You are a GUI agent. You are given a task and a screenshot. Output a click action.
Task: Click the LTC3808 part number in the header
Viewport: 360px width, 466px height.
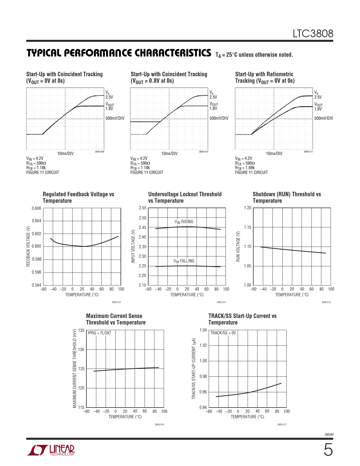pyautogui.click(x=313, y=34)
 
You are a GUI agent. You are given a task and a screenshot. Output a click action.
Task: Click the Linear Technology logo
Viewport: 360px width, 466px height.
pyautogui.click(x=51, y=450)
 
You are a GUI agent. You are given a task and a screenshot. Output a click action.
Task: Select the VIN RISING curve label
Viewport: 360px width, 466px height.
pyautogui.click(x=184, y=222)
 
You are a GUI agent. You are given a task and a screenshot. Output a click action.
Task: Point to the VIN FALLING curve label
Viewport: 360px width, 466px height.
pyautogui.click(x=184, y=261)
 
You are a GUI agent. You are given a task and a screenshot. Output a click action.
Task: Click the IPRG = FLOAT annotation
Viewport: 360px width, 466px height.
pyautogui.click(x=99, y=333)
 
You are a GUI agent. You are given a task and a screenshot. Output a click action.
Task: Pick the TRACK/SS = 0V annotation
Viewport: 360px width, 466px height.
pyautogui.click(x=223, y=333)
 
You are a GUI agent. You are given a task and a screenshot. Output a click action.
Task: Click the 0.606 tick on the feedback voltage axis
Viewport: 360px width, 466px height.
pyautogui.click(x=36, y=208)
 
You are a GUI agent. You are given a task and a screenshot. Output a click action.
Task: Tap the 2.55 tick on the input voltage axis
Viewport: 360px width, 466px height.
pyautogui.click(x=142, y=208)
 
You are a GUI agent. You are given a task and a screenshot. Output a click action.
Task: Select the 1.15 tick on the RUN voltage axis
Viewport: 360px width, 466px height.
pyautogui.click(x=247, y=227)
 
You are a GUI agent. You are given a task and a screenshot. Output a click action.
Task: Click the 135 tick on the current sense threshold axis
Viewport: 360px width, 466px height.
pyautogui.click(x=81, y=330)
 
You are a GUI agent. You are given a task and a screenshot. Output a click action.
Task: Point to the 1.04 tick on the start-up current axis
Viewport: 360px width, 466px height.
pyautogui.click(x=203, y=330)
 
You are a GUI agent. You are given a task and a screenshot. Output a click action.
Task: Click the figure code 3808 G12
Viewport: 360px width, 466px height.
pyautogui.click(x=116, y=302)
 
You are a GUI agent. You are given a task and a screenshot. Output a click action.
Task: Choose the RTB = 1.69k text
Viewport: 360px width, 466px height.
pyautogui.click(x=245, y=168)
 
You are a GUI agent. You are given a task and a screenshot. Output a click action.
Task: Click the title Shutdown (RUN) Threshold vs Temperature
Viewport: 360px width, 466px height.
pyautogui.click(x=287, y=197)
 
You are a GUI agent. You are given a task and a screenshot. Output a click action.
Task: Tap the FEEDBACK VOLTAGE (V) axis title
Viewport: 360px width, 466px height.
pyautogui.click(x=28, y=246)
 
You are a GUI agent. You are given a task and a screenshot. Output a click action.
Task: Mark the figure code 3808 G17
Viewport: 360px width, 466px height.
pyautogui.click(x=282, y=424)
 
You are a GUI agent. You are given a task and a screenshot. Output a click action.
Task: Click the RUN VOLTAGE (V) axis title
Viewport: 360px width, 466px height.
pyautogui.click(x=238, y=247)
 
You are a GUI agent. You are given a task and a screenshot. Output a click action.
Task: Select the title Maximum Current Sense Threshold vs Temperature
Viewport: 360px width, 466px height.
pyautogui.click(x=116, y=319)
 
